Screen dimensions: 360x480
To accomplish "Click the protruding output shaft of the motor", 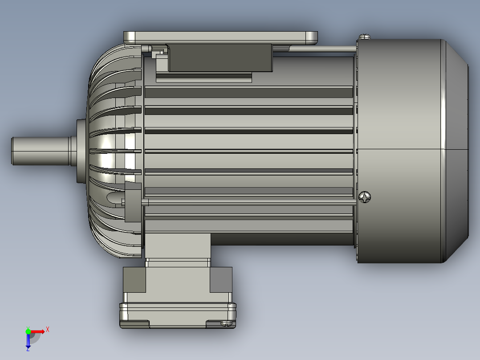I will [x=40, y=151].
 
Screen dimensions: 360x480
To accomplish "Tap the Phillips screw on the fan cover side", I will [x=365, y=197].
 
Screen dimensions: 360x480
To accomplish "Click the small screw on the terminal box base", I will [x=226, y=323].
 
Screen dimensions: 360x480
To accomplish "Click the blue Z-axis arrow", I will [x=28, y=341].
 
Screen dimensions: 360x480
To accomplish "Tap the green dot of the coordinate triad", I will [x=28, y=331].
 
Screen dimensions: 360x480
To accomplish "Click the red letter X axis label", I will [x=48, y=329].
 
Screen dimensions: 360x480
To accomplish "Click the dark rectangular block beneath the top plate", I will [x=220, y=57].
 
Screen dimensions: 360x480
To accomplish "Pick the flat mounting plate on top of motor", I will [x=220, y=37].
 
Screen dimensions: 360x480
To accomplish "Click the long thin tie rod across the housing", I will [x=249, y=202].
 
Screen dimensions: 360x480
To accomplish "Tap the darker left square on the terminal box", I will [x=134, y=279].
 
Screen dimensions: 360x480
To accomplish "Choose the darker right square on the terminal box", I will [x=221, y=279].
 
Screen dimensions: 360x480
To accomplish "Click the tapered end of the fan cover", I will [x=456, y=149].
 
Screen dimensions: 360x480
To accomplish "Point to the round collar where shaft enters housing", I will [x=81, y=151].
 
